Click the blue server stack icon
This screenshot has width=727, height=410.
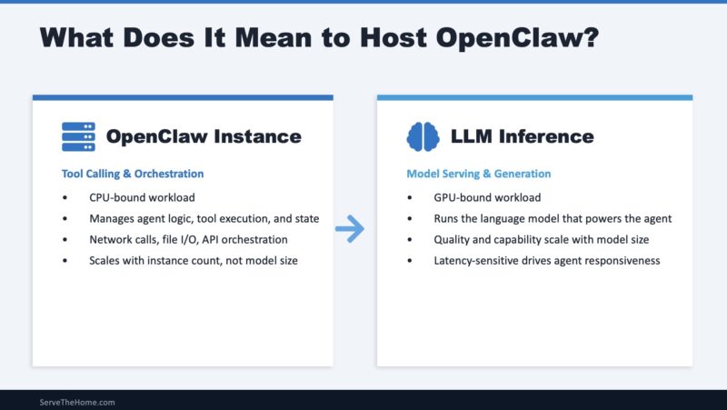coord(78,136)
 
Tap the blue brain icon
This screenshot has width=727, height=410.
coord(423,136)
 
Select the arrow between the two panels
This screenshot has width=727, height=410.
coord(350,230)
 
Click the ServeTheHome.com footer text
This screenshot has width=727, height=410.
coord(77,401)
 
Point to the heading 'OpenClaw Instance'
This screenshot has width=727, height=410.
coord(204,136)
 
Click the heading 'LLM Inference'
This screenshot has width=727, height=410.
coord(522,136)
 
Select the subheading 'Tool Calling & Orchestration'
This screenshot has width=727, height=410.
coord(133,174)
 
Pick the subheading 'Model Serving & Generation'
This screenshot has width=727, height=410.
coord(478,174)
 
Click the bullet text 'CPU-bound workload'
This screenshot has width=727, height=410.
coord(144,197)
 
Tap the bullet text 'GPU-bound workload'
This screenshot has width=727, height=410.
coord(488,197)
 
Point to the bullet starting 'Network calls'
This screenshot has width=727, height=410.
coord(188,239)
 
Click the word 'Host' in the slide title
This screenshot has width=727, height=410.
coord(391,37)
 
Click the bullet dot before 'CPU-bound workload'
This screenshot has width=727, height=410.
coord(65,197)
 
